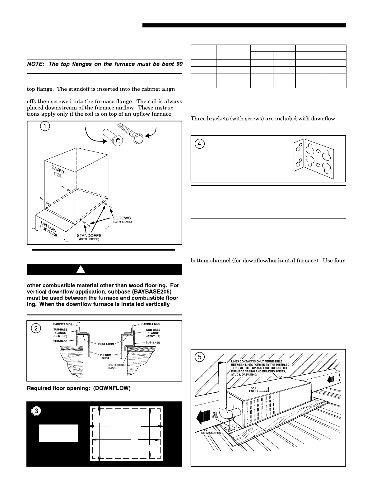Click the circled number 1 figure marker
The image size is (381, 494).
(x=45, y=126)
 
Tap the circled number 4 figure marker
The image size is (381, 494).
(x=200, y=144)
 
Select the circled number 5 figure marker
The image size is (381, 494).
(x=200, y=357)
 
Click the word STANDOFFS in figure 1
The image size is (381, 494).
(x=89, y=236)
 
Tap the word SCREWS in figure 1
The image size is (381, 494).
(x=122, y=218)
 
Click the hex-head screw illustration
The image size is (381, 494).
(x=130, y=133)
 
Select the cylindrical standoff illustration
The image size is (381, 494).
(x=113, y=137)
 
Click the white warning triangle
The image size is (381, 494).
(x=81, y=269)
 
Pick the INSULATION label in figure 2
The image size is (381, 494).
(x=106, y=344)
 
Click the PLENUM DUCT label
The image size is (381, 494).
(x=105, y=357)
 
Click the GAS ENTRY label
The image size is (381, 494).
(x=253, y=390)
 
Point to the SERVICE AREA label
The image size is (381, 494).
(x=211, y=433)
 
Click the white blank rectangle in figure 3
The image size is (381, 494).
(x=58, y=433)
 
